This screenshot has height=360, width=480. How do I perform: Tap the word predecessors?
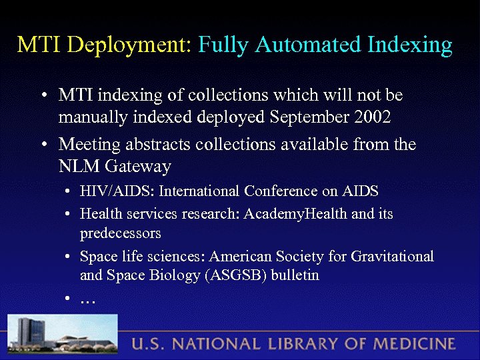[x=120, y=233]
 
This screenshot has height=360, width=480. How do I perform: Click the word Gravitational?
[x=394, y=256]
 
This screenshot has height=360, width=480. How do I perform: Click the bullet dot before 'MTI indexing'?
[x=42, y=96]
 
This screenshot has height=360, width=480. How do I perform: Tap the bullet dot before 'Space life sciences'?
[x=69, y=257]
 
